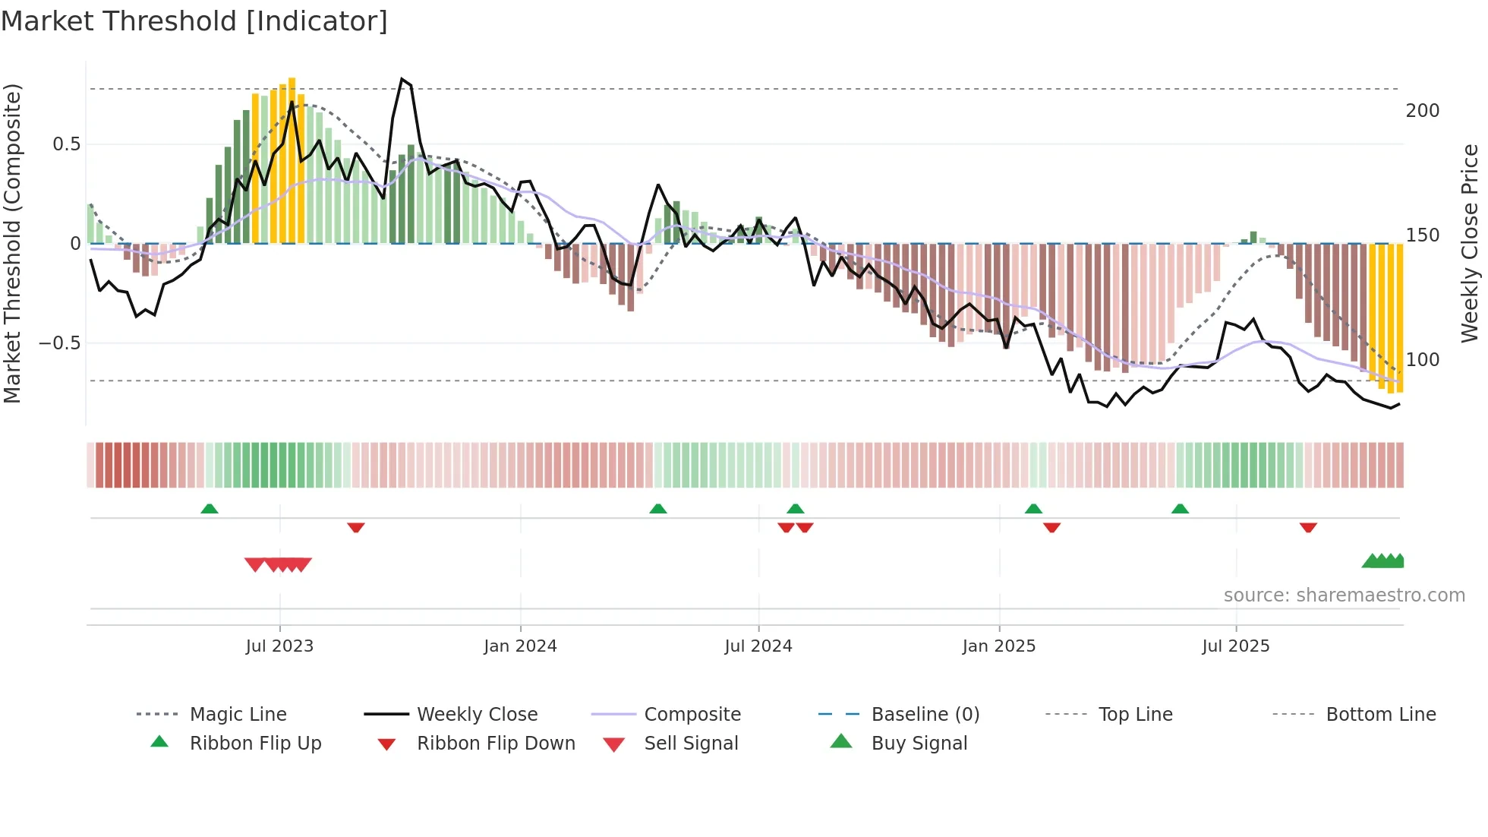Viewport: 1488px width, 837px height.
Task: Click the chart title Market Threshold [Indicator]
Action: [x=194, y=21]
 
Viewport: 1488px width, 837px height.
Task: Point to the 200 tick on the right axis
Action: [x=1422, y=111]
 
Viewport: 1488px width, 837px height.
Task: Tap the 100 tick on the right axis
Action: [x=1422, y=360]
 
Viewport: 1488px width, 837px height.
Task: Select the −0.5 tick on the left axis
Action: [x=59, y=343]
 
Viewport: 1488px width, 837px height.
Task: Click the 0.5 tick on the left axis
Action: [x=66, y=144]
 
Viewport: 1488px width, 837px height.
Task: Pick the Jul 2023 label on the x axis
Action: [x=279, y=646]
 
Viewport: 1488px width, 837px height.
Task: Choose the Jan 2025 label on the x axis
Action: [x=998, y=646]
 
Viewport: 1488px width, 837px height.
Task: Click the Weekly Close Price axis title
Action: [x=1470, y=243]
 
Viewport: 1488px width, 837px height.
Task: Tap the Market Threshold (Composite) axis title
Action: [x=12, y=243]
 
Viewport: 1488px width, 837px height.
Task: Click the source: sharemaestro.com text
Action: [x=1344, y=595]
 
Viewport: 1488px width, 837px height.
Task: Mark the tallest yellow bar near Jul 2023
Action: [x=292, y=160]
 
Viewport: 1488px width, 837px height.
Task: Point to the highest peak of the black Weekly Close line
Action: [x=402, y=79]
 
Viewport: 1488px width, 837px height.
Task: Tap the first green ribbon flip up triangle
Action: [x=210, y=509]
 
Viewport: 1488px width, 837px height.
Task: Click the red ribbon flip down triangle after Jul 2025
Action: [x=1307, y=527]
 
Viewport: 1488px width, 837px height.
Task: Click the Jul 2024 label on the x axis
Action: [x=758, y=646]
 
